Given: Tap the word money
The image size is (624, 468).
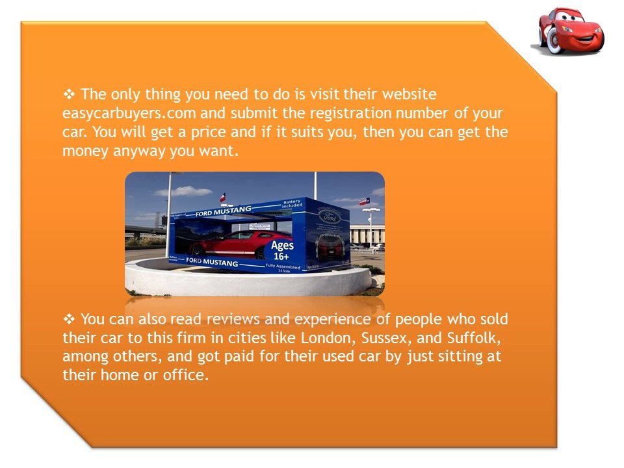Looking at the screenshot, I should point(83,151).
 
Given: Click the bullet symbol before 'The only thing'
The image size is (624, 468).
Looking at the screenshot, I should point(68,94).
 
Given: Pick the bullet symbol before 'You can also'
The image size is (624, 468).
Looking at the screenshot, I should point(68,319).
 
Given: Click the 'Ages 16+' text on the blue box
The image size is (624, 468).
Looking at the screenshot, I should point(282,250).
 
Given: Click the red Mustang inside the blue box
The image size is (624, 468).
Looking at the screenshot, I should point(227,243).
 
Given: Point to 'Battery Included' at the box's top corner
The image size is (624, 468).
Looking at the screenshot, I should point(292,204).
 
